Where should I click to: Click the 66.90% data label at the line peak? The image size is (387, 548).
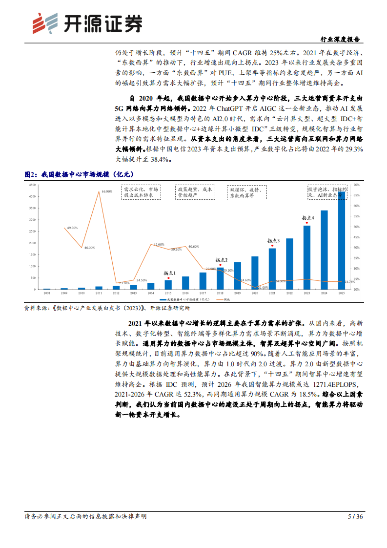(107, 191)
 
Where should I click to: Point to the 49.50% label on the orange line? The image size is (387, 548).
(73, 228)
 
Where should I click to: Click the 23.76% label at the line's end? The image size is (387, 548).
(349, 282)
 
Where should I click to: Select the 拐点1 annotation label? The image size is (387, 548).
(169, 274)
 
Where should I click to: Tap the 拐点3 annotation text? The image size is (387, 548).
(273, 241)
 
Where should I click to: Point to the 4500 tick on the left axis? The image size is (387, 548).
(32, 185)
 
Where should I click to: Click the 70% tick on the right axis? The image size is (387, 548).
(356, 185)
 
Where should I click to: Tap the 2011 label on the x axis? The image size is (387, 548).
(99, 293)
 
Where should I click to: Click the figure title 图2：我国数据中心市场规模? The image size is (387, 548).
(79, 173)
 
